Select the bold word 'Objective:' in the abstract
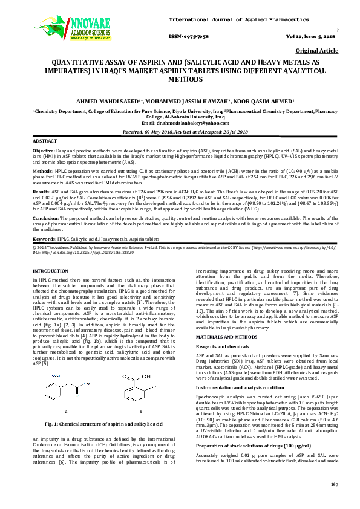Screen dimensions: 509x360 point(43,149)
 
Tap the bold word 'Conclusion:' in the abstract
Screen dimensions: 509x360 point(45,218)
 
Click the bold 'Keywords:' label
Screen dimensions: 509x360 point(44,239)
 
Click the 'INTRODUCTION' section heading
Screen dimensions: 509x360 point(50,271)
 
